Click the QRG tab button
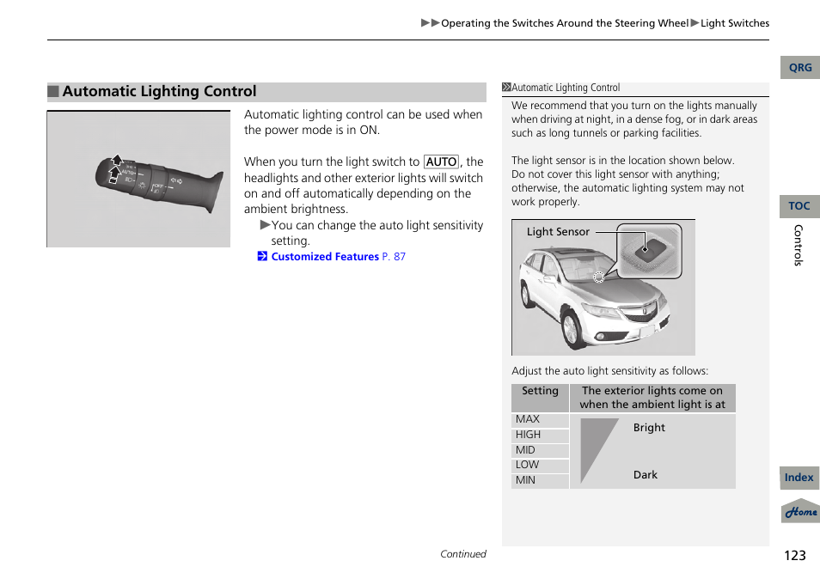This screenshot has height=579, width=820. (x=800, y=68)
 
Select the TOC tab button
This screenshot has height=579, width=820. (x=799, y=206)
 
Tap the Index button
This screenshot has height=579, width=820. (x=799, y=478)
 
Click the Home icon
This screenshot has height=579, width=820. (x=800, y=511)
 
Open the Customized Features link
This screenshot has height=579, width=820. (x=324, y=257)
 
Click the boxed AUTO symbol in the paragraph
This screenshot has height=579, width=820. (x=442, y=162)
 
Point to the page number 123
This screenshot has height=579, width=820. (x=795, y=555)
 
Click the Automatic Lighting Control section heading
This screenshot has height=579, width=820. (x=159, y=92)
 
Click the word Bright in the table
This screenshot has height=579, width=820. (x=649, y=428)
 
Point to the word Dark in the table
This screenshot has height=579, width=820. (x=646, y=475)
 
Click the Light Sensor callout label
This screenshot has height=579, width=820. (x=558, y=232)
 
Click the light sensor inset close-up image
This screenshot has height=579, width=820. (x=649, y=251)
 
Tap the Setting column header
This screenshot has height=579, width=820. (x=540, y=391)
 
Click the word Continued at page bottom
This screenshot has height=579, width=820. (x=463, y=554)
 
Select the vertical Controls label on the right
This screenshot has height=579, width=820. (x=798, y=245)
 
